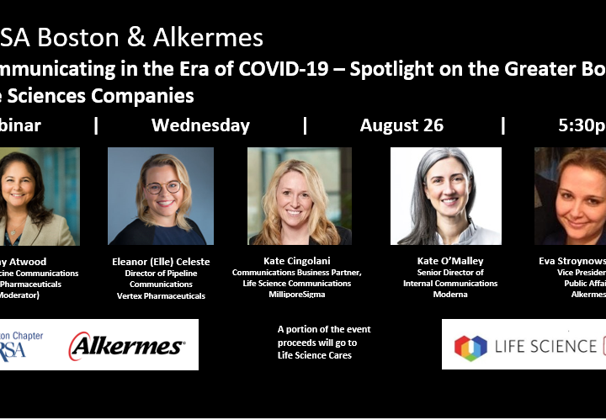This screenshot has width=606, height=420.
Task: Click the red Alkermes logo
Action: coord(126,345)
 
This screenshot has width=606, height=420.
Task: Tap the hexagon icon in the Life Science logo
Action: coord(471,347)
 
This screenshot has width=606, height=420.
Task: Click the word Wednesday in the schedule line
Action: coord(200,125)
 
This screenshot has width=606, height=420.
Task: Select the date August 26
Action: coord(401,125)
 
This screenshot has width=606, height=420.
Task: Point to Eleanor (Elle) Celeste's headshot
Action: coord(160,196)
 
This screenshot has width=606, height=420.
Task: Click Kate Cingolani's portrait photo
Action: coord(300,196)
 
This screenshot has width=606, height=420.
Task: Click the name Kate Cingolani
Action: coord(300,262)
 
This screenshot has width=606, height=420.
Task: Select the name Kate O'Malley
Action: coord(451,262)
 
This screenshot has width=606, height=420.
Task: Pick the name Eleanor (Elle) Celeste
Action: coord(161,262)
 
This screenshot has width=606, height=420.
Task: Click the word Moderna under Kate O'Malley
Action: coord(451,295)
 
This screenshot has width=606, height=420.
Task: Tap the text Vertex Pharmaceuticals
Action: coord(161,295)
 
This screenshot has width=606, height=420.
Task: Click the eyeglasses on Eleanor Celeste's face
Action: coord(163,187)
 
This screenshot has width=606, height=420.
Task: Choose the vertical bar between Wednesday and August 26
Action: coord(305,125)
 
